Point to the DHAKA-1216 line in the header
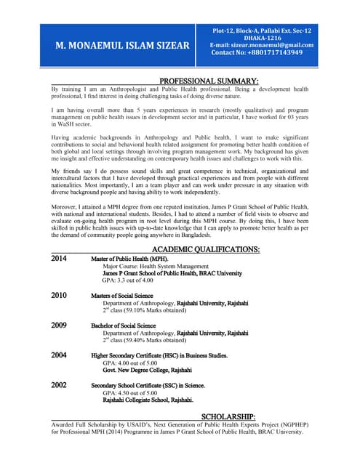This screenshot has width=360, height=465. [x=262, y=38]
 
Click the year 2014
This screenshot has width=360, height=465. [x=59, y=259]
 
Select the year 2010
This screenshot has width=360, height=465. [x=59, y=295]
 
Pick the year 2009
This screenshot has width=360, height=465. [x=59, y=325]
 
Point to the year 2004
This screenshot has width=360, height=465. [x=59, y=355]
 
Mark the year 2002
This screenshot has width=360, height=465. [x=59, y=385]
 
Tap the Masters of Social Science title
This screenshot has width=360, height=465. [x=122, y=296]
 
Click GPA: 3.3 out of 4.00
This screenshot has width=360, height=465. [x=127, y=280]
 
